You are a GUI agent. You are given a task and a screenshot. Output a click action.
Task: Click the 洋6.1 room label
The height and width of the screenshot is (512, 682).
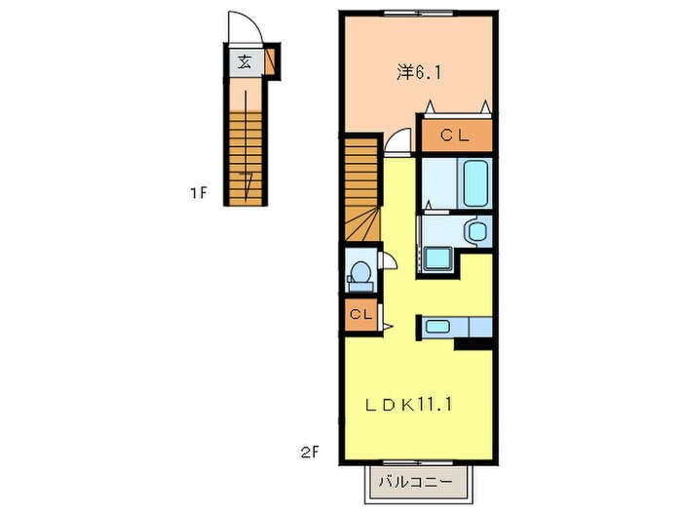click(x=414, y=72)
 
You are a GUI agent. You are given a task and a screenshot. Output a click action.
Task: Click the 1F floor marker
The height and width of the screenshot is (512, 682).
click(x=199, y=193)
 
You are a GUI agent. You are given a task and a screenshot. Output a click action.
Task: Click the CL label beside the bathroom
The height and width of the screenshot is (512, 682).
click(x=455, y=137)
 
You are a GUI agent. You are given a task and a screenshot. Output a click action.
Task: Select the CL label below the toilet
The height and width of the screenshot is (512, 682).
click(x=360, y=315)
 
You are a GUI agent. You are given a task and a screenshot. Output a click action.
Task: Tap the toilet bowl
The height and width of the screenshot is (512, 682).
click(x=360, y=273)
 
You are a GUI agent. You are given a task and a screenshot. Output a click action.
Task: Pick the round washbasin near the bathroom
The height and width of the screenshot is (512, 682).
click(x=475, y=231)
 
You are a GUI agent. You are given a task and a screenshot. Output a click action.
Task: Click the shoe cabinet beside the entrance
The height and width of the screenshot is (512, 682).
click(x=271, y=61)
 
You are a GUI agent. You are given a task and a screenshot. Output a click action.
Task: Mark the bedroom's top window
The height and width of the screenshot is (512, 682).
click(x=417, y=13)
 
